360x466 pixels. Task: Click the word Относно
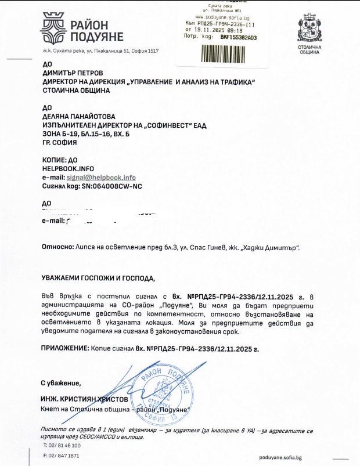click(x=57, y=247)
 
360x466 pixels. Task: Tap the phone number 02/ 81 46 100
click(x=64, y=445)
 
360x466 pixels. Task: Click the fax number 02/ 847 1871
click(x=64, y=456)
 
